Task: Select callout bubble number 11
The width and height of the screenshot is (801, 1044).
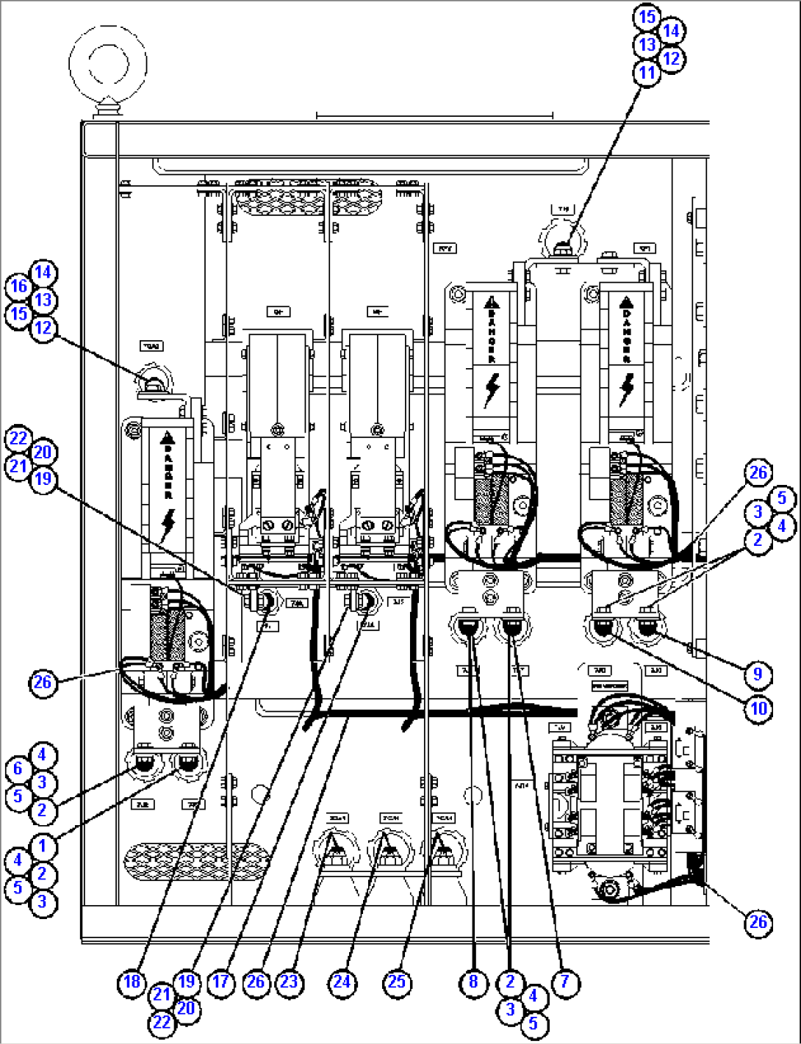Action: (647, 73)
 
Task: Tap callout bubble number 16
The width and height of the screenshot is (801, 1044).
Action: (19, 287)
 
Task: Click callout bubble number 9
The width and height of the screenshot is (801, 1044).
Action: (757, 674)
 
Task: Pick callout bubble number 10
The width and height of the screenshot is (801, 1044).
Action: (758, 708)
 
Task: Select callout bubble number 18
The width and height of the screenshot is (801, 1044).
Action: (131, 982)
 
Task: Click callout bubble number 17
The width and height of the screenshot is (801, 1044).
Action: (220, 982)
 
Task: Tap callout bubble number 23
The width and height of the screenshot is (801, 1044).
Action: (290, 982)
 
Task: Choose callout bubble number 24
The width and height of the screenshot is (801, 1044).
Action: (342, 982)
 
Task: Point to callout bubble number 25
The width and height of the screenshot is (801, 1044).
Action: (397, 982)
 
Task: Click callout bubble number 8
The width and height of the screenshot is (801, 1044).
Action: (473, 982)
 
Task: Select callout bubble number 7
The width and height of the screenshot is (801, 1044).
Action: (564, 982)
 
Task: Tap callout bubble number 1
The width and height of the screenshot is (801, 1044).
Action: (43, 846)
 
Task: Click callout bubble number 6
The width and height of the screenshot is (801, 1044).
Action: (19, 768)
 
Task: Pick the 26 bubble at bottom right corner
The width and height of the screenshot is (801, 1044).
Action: (758, 921)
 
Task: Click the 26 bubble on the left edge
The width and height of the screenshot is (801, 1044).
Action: (43, 683)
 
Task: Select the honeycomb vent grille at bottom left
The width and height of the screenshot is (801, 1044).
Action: (197, 861)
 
